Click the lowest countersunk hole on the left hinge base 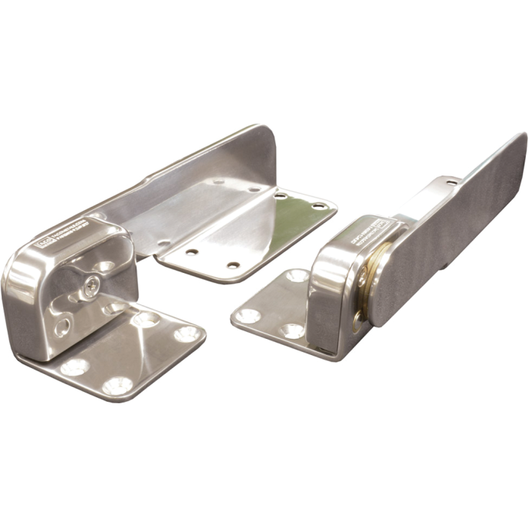pyautogui.click(x=116, y=385)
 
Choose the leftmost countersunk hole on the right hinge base pyautogui.click(x=249, y=314)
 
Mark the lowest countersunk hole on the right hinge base pyautogui.click(x=292, y=331)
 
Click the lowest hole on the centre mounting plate pyautogui.click(x=233, y=265)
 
